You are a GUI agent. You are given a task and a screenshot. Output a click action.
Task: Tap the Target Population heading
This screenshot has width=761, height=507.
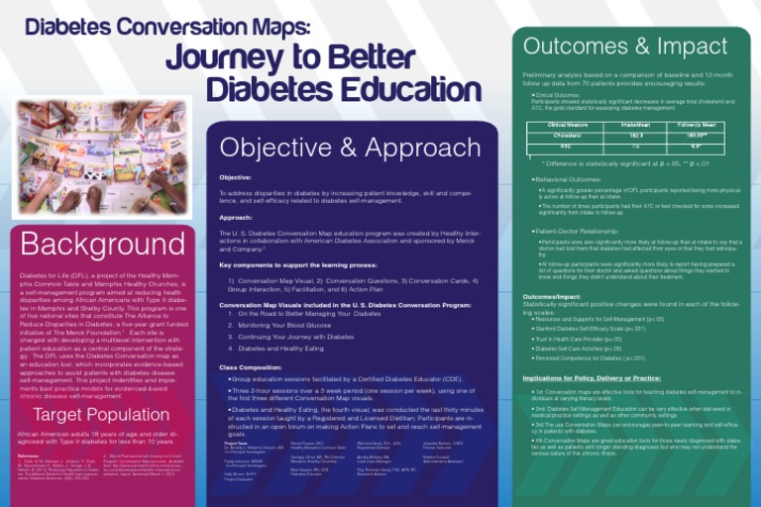point(102,414)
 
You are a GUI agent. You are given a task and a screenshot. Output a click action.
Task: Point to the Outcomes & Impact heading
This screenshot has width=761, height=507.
point(625,46)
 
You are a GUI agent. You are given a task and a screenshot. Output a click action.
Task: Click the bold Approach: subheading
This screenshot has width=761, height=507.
point(236,217)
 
